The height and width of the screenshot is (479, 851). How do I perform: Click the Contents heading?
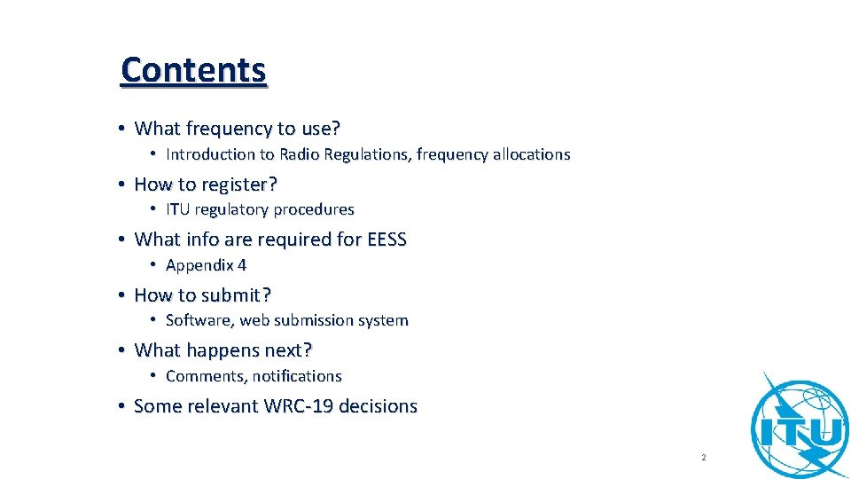pyautogui.click(x=193, y=69)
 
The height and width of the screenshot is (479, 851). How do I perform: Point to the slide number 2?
pyautogui.click(x=703, y=458)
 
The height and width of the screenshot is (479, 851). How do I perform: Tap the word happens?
pyautogui.click(x=222, y=350)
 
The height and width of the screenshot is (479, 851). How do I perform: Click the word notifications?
pyautogui.click(x=297, y=376)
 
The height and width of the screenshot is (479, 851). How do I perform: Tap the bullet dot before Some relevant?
pyautogui.click(x=121, y=406)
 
